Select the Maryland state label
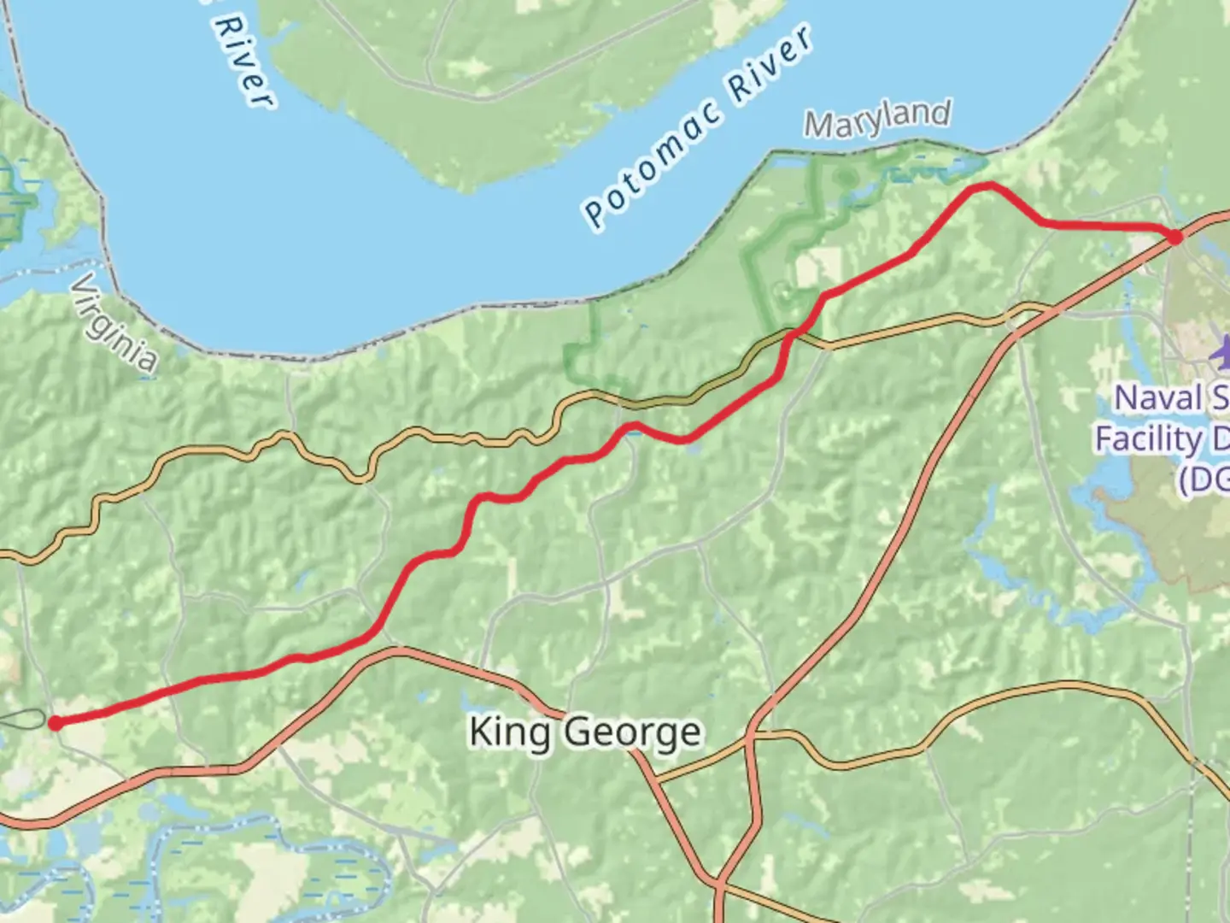(877, 121)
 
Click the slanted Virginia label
(114, 323)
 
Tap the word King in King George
(509, 733)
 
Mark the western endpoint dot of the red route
(55, 724)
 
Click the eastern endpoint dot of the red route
(1175, 237)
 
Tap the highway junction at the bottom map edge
(719, 885)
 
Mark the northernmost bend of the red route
(987, 185)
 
